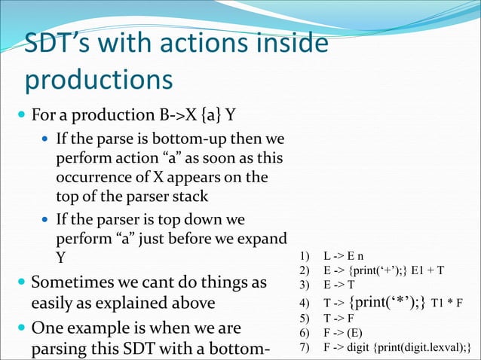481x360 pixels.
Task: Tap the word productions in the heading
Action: pyautogui.click(x=99, y=79)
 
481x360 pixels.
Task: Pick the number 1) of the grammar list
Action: pyautogui.click(x=305, y=256)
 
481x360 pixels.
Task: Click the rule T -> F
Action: pyautogui.click(x=341, y=318)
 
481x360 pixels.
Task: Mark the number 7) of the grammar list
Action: pyautogui.click(x=305, y=346)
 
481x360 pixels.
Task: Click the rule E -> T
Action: pyautogui.click(x=341, y=285)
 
